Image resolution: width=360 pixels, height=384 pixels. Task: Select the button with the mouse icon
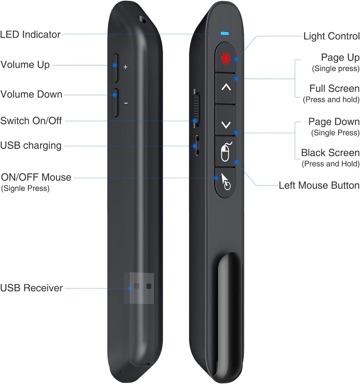[226, 152]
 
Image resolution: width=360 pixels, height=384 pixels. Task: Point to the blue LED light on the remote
[225, 33]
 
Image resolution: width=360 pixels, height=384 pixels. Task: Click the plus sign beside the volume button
[125, 67]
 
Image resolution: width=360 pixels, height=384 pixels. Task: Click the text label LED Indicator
[30, 35]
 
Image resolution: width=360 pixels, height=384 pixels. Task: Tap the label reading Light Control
[331, 36]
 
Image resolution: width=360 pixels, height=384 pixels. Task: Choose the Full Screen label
[334, 89]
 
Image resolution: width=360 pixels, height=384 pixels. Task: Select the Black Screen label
[330, 153]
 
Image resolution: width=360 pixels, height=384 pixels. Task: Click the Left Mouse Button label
[319, 185]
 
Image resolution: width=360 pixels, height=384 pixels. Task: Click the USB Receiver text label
[32, 288]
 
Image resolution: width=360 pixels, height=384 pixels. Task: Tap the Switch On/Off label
[31, 121]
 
